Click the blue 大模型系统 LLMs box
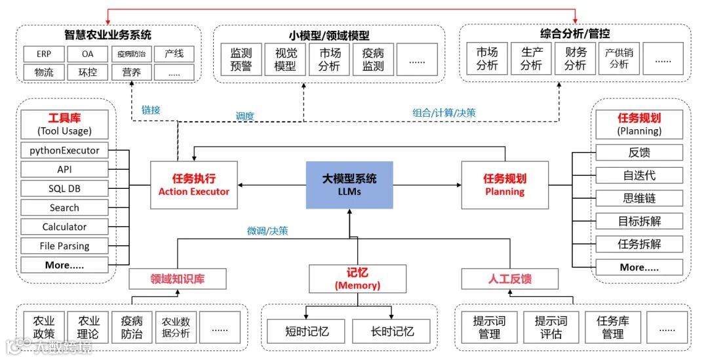(350, 185)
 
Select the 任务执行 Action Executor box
(194, 185)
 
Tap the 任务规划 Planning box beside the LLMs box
(505, 185)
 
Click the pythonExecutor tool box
(64, 150)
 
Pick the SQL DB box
(64, 189)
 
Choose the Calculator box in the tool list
(64, 227)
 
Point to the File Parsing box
(64, 246)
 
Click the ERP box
(44, 54)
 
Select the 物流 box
(44, 72)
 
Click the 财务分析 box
(575, 59)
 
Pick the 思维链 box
(639, 198)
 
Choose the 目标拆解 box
(639, 221)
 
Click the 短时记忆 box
(307, 331)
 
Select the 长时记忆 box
(392, 331)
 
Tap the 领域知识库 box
(178, 279)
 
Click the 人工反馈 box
(509, 279)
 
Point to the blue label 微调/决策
(267, 231)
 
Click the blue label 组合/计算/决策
(444, 113)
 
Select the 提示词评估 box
(551, 327)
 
